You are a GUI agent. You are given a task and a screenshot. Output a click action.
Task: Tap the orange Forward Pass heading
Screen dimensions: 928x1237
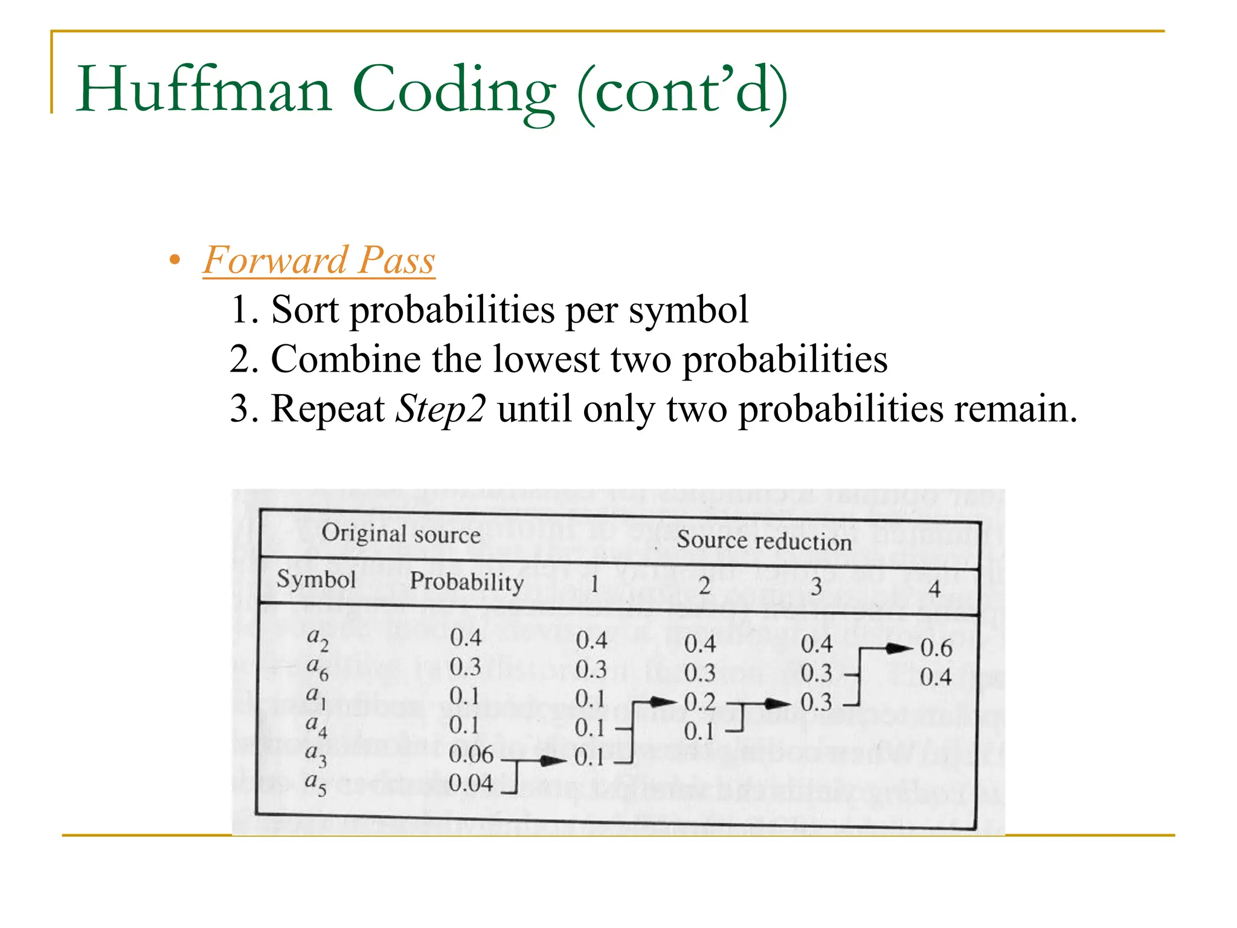(318, 260)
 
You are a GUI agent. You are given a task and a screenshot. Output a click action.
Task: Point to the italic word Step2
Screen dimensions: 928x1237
(440, 409)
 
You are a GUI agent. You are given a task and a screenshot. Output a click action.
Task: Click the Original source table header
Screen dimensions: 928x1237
(400, 534)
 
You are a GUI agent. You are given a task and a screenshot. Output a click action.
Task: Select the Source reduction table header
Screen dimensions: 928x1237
(763, 540)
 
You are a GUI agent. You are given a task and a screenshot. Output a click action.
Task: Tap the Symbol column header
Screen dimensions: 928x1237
(316, 579)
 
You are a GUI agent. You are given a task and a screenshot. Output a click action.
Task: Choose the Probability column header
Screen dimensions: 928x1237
(466, 582)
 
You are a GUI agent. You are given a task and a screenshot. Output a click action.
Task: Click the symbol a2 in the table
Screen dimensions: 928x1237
(317, 639)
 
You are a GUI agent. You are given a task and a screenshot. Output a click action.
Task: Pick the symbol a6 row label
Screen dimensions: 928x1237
(317, 668)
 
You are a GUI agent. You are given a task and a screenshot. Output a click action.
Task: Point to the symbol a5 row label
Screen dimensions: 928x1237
(315, 784)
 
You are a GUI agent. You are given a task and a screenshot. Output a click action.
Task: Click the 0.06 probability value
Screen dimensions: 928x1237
(471, 755)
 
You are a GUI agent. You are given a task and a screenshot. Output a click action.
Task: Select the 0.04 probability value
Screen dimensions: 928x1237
(471, 784)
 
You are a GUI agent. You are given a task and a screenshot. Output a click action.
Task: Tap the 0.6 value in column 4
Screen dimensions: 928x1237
(936, 648)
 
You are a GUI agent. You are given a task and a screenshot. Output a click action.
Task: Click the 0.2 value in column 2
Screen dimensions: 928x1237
(699, 703)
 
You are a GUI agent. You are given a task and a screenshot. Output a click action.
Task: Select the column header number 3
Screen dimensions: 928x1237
(816, 586)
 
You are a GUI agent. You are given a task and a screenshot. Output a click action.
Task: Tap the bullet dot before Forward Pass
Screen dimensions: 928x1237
(175, 261)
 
